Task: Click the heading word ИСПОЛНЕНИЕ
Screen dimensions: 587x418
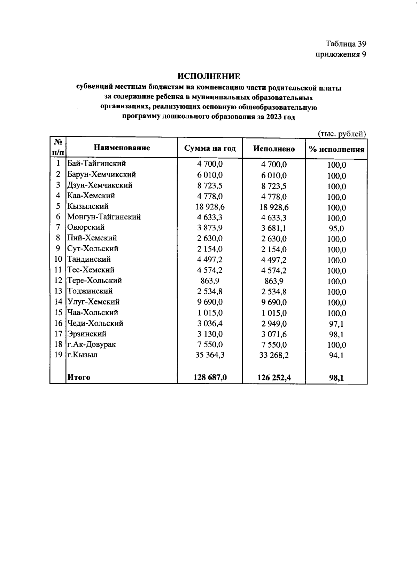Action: coord(209,76)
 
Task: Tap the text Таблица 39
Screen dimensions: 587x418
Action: coord(346,44)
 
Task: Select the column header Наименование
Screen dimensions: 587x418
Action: coord(122,148)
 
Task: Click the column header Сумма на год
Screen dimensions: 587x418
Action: coord(210,149)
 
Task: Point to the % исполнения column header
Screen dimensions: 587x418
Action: coord(336,150)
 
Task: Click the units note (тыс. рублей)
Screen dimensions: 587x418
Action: coord(341,134)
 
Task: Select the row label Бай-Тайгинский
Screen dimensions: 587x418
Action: coord(96,164)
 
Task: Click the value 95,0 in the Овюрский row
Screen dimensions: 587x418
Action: coord(336,229)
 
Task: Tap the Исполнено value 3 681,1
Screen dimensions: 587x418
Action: coord(274,228)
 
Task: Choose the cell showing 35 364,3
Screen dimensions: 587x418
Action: coord(210,355)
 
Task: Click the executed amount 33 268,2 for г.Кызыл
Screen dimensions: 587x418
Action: coord(274,355)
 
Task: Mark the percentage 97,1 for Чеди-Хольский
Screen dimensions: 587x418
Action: coord(336,324)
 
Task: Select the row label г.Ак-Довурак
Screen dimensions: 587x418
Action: coord(91,344)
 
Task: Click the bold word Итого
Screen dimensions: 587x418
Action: coord(79,377)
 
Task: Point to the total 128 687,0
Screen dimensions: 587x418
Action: coord(210,377)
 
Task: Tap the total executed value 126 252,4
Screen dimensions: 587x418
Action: coord(274,378)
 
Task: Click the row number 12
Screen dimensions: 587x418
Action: coord(58,280)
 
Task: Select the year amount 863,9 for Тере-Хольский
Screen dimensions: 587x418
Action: coord(210,280)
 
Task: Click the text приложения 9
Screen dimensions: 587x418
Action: coord(341,54)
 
